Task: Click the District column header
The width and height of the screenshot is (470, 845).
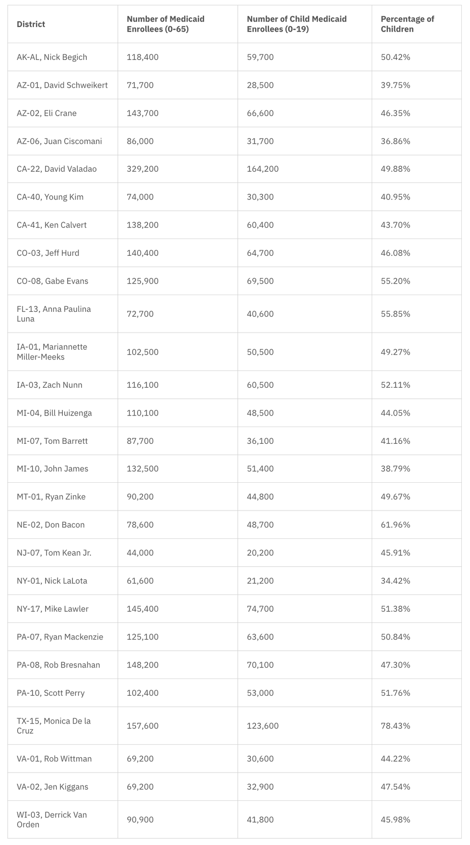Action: click(31, 24)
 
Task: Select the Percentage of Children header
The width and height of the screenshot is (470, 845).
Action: click(407, 24)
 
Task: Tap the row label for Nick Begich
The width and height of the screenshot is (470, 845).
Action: click(52, 57)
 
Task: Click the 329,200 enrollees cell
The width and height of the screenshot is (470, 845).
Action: click(142, 169)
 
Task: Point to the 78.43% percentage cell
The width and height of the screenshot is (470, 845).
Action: click(395, 726)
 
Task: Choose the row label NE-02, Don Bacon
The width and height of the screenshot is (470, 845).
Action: click(50, 524)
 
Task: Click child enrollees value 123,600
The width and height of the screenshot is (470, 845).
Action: click(262, 726)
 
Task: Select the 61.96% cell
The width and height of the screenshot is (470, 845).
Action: click(395, 524)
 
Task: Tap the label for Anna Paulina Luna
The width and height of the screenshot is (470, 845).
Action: click(53, 314)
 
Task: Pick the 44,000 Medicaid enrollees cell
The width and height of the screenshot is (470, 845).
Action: click(140, 553)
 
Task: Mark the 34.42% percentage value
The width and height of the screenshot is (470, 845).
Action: click(395, 581)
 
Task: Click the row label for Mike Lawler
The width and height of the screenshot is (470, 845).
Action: click(52, 609)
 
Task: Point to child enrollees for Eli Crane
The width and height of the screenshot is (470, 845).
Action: click(260, 113)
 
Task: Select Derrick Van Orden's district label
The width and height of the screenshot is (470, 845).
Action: click(51, 820)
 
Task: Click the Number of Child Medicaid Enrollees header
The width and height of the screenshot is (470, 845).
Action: click(296, 24)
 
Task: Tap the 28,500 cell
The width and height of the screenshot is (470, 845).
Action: click(260, 85)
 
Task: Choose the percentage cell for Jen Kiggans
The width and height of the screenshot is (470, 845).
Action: click(395, 786)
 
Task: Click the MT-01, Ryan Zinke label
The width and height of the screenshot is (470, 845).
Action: click(51, 497)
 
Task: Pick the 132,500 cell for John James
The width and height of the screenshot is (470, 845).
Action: click(142, 469)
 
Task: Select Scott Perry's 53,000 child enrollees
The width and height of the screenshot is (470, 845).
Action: click(260, 693)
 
